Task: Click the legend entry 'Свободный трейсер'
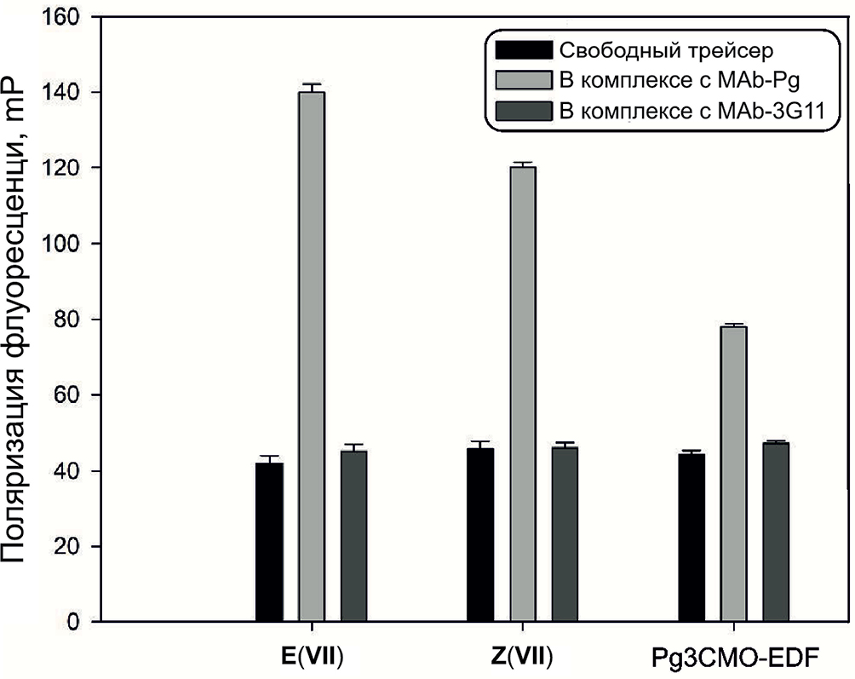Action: click(665, 49)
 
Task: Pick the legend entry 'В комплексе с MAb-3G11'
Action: click(689, 112)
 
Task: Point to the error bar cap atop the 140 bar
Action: click(312, 84)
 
